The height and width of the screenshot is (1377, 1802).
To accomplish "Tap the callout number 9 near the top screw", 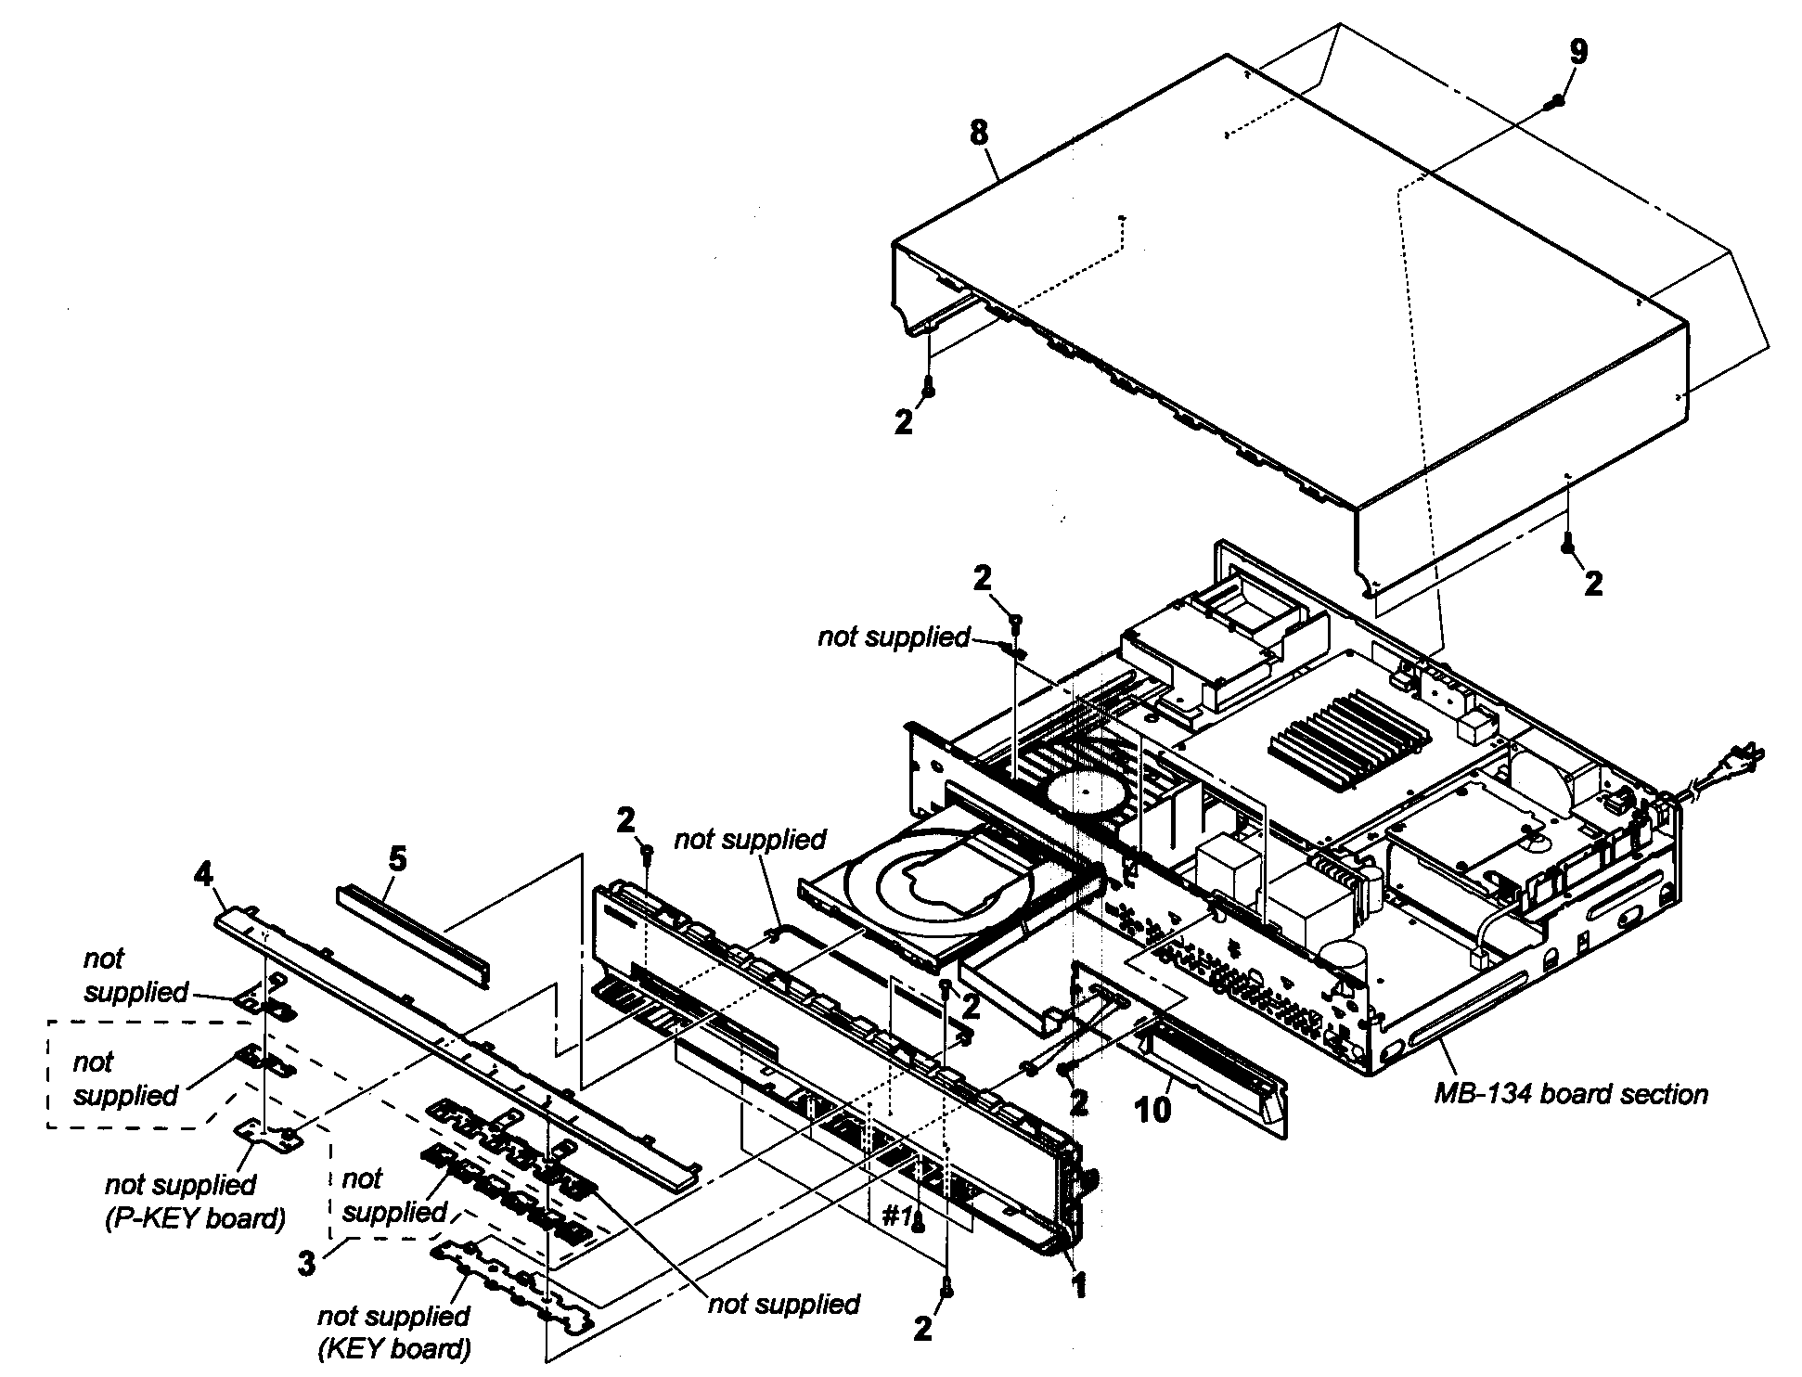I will tap(1577, 52).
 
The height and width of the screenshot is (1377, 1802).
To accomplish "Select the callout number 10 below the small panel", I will tap(1153, 1110).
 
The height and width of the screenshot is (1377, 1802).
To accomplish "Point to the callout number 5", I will tap(397, 859).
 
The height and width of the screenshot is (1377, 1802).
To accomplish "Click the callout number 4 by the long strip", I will tap(204, 875).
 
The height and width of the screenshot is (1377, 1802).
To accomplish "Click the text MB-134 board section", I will tap(1571, 1095).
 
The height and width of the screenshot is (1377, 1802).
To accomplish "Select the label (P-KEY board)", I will tap(194, 1216).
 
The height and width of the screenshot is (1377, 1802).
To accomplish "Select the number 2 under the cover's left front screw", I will tap(904, 422).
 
